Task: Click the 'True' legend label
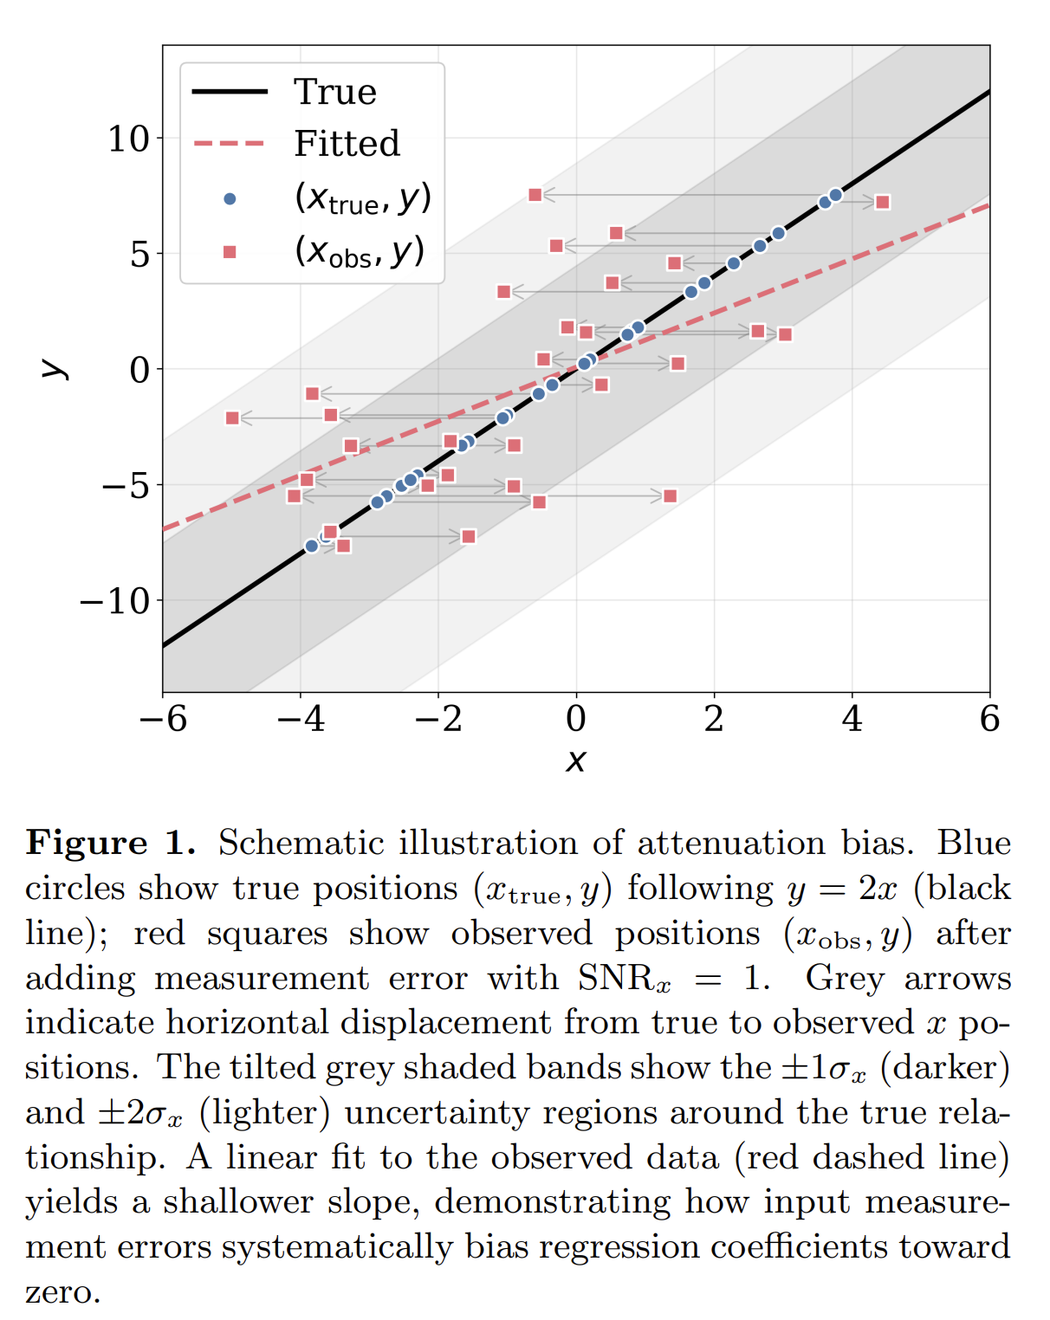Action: [x=335, y=92]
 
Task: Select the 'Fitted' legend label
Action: [x=347, y=144]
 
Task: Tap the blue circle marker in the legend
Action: [x=230, y=199]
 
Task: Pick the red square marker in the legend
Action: [x=230, y=252]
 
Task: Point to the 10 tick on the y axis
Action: [x=128, y=139]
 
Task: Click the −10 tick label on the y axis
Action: [x=114, y=601]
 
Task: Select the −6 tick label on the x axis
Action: [x=163, y=719]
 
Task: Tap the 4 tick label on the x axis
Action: [x=852, y=719]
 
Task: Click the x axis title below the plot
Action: [x=576, y=760]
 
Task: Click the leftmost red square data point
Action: [x=232, y=418]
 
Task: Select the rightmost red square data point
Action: [x=882, y=203]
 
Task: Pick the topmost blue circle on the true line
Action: [x=835, y=196]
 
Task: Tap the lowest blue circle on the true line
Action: [x=312, y=546]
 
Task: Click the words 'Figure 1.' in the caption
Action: [x=110, y=843]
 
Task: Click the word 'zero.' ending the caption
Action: [x=62, y=1292]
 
